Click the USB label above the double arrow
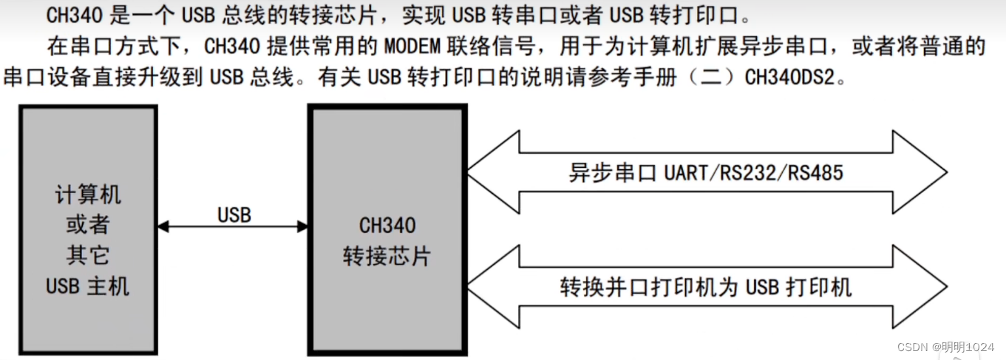pyautogui.click(x=234, y=215)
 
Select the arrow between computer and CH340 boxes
pyautogui.click(x=233, y=227)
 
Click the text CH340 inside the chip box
pyautogui.click(x=387, y=225)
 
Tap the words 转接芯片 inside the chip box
pyautogui.click(x=387, y=256)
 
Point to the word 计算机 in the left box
pyautogui.click(x=88, y=195)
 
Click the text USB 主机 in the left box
pyautogui.click(x=88, y=286)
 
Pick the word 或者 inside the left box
pyautogui.click(x=88, y=225)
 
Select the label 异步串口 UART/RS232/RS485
pyautogui.click(x=706, y=173)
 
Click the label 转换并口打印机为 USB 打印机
pyautogui.click(x=706, y=287)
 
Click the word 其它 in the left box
pyautogui.click(x=88, y=256)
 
